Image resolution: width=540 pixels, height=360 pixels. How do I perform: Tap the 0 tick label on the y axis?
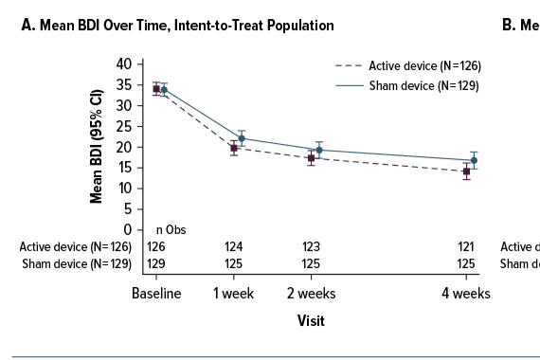click(x=125, y=230)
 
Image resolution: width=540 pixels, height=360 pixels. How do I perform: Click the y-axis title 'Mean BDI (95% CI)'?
click(x=97, y=146)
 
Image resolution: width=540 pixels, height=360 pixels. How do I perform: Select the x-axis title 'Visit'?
click(x=310, y=320)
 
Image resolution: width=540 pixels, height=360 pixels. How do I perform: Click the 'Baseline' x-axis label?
click(x=155, y=294)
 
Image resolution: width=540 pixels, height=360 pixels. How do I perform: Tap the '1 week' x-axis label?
click(x=233, y=294)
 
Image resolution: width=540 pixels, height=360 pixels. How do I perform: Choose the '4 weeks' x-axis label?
click(x=466, y=294)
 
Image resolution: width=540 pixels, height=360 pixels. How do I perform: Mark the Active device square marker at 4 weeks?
click(x=466, y=171)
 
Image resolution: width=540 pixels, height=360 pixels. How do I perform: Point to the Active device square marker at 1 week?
click(x=234, y=148)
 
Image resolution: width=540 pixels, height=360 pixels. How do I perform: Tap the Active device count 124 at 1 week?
click(x=233, y=246)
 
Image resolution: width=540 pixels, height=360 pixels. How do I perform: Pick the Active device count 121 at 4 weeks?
click(x=466, y=246)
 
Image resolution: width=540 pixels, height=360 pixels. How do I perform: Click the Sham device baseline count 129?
click(x=155, y=262)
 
